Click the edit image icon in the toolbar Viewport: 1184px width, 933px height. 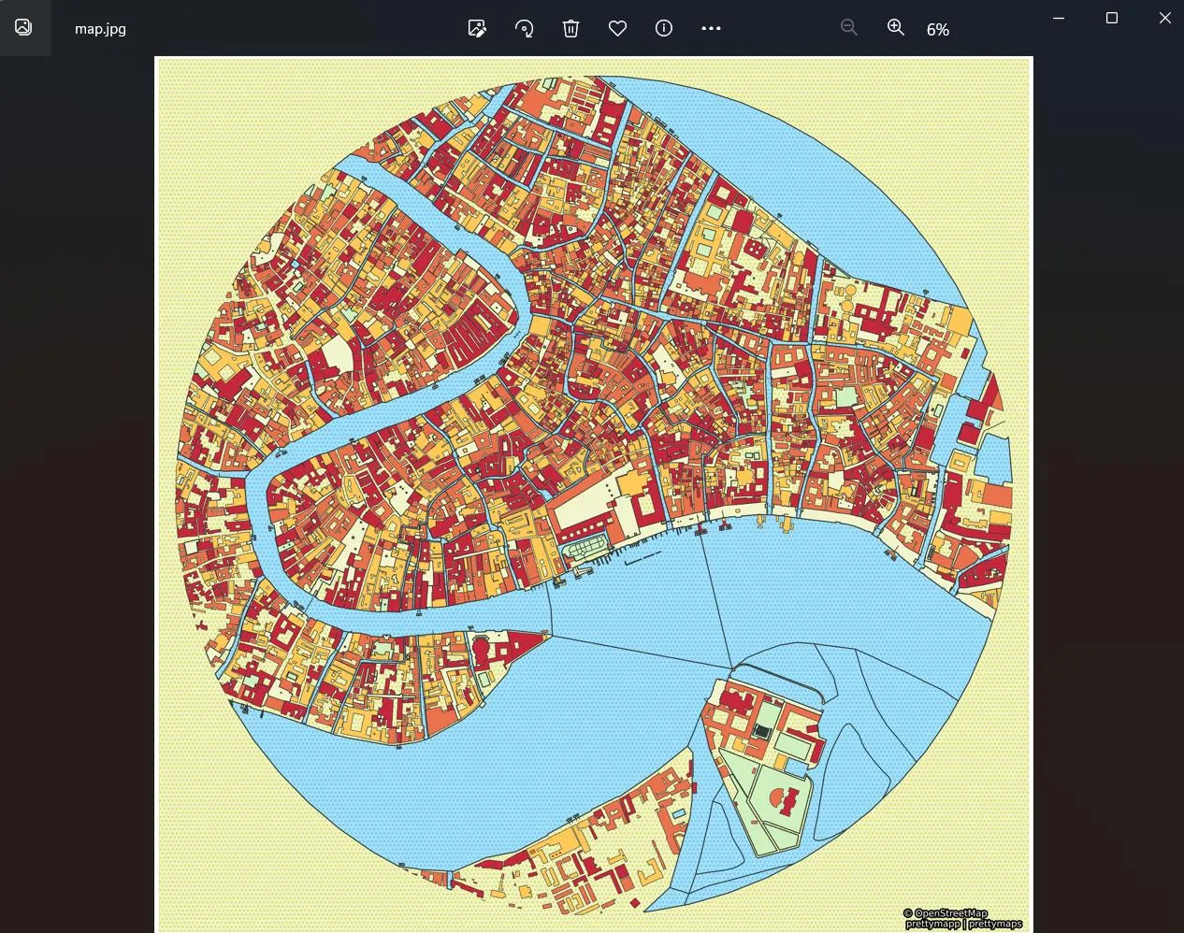point(477,28)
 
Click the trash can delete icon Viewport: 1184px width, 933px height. point(570,28)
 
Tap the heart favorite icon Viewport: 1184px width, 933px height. point(617,28)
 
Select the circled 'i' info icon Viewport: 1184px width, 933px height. point(664,28)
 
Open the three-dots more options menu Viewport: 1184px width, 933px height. point(711,28)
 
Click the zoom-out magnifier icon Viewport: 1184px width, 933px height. point(848,28)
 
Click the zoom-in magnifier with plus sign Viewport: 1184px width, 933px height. point(896,28)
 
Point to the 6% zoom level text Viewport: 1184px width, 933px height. point(938,30)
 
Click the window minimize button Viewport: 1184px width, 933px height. point(1059,18)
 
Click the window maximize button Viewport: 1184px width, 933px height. point(1112,18)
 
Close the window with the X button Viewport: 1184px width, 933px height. point(1165,18)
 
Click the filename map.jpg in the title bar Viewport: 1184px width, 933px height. point(100,29)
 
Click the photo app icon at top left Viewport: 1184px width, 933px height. point(23,27)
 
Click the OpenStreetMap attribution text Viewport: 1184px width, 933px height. point(949,913)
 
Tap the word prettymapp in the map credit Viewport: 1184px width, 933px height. point(932,924)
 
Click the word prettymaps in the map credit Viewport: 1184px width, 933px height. point(995,924)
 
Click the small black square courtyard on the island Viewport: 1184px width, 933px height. point(763,732)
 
